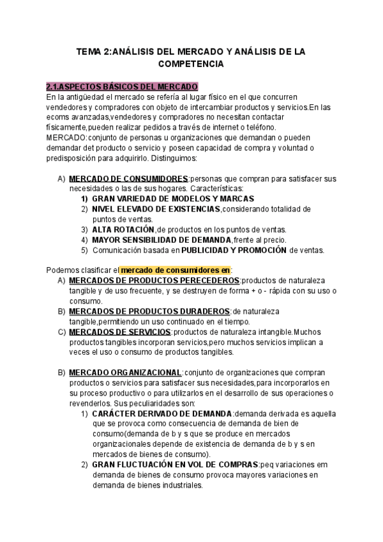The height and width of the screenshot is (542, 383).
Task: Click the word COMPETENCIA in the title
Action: point(191,65)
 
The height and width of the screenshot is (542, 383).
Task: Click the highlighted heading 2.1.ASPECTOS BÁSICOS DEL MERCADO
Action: point(123,86)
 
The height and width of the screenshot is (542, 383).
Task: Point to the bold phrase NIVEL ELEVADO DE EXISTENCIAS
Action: point(156,209)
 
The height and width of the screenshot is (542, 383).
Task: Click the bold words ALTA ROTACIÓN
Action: point(123,229)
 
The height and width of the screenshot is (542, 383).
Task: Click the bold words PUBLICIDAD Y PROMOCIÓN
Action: point(234,250)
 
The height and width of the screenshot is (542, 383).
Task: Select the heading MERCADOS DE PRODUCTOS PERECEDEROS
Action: point(154,281)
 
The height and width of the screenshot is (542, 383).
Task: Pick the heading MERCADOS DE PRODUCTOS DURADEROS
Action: point(150,311)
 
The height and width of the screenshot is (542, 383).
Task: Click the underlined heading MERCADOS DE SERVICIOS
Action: point(119,332)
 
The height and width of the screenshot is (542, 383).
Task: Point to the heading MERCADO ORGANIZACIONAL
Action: point(125,373)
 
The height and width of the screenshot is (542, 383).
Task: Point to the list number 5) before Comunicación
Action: point(84,250)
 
